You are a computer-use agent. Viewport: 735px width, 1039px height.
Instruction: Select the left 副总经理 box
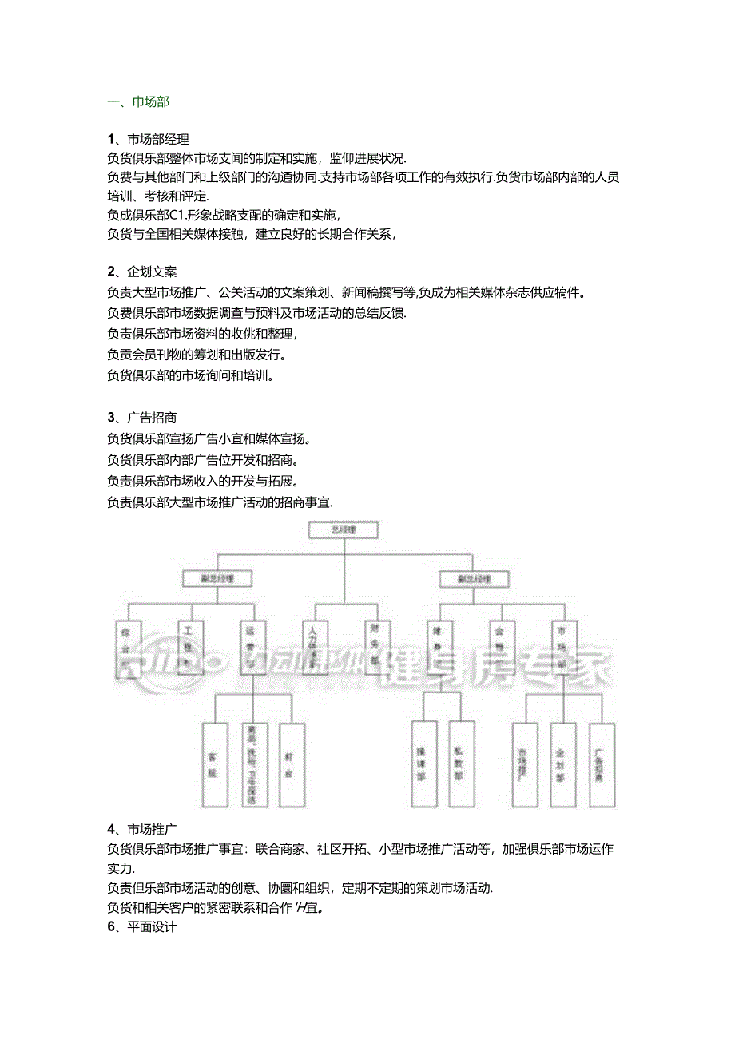[218, 578]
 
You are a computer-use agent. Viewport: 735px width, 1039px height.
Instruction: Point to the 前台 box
[292, 764]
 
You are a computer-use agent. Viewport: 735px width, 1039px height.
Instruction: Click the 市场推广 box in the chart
[524, 764]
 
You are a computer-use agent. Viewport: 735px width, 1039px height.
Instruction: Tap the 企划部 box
[562, 764]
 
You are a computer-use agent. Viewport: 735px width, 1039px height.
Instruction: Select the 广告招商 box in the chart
[602, 764]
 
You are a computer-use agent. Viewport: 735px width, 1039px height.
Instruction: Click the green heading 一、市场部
[137, 101]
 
